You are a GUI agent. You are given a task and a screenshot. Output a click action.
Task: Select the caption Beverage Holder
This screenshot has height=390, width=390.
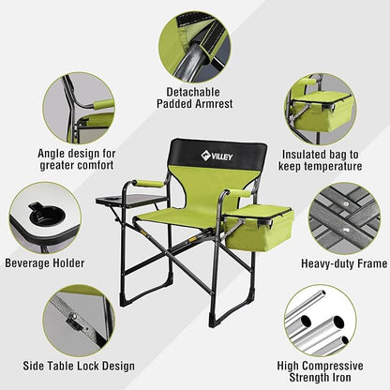pyautogui.click(x=47, y=263)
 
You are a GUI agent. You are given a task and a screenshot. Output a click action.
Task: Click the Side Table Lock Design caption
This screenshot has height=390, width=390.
pyautogui.click(x=70, y=365)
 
